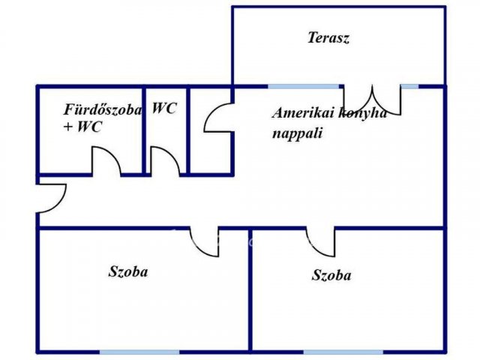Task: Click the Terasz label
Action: click(328, 37)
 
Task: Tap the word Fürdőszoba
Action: click(103, 110)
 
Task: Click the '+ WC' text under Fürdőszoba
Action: click(82, 127)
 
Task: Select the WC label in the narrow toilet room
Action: click(164, 108)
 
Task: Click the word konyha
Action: click(363, 113)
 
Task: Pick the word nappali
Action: click(298, 133)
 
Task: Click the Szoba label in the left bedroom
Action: click(128, 271)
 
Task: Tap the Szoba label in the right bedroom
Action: click(331, 275)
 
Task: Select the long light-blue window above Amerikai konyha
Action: click(303, 87)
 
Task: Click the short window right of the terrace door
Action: click(409, 87)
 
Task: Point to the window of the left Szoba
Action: click(139, 352)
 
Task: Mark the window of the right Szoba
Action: click(343, 352)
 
